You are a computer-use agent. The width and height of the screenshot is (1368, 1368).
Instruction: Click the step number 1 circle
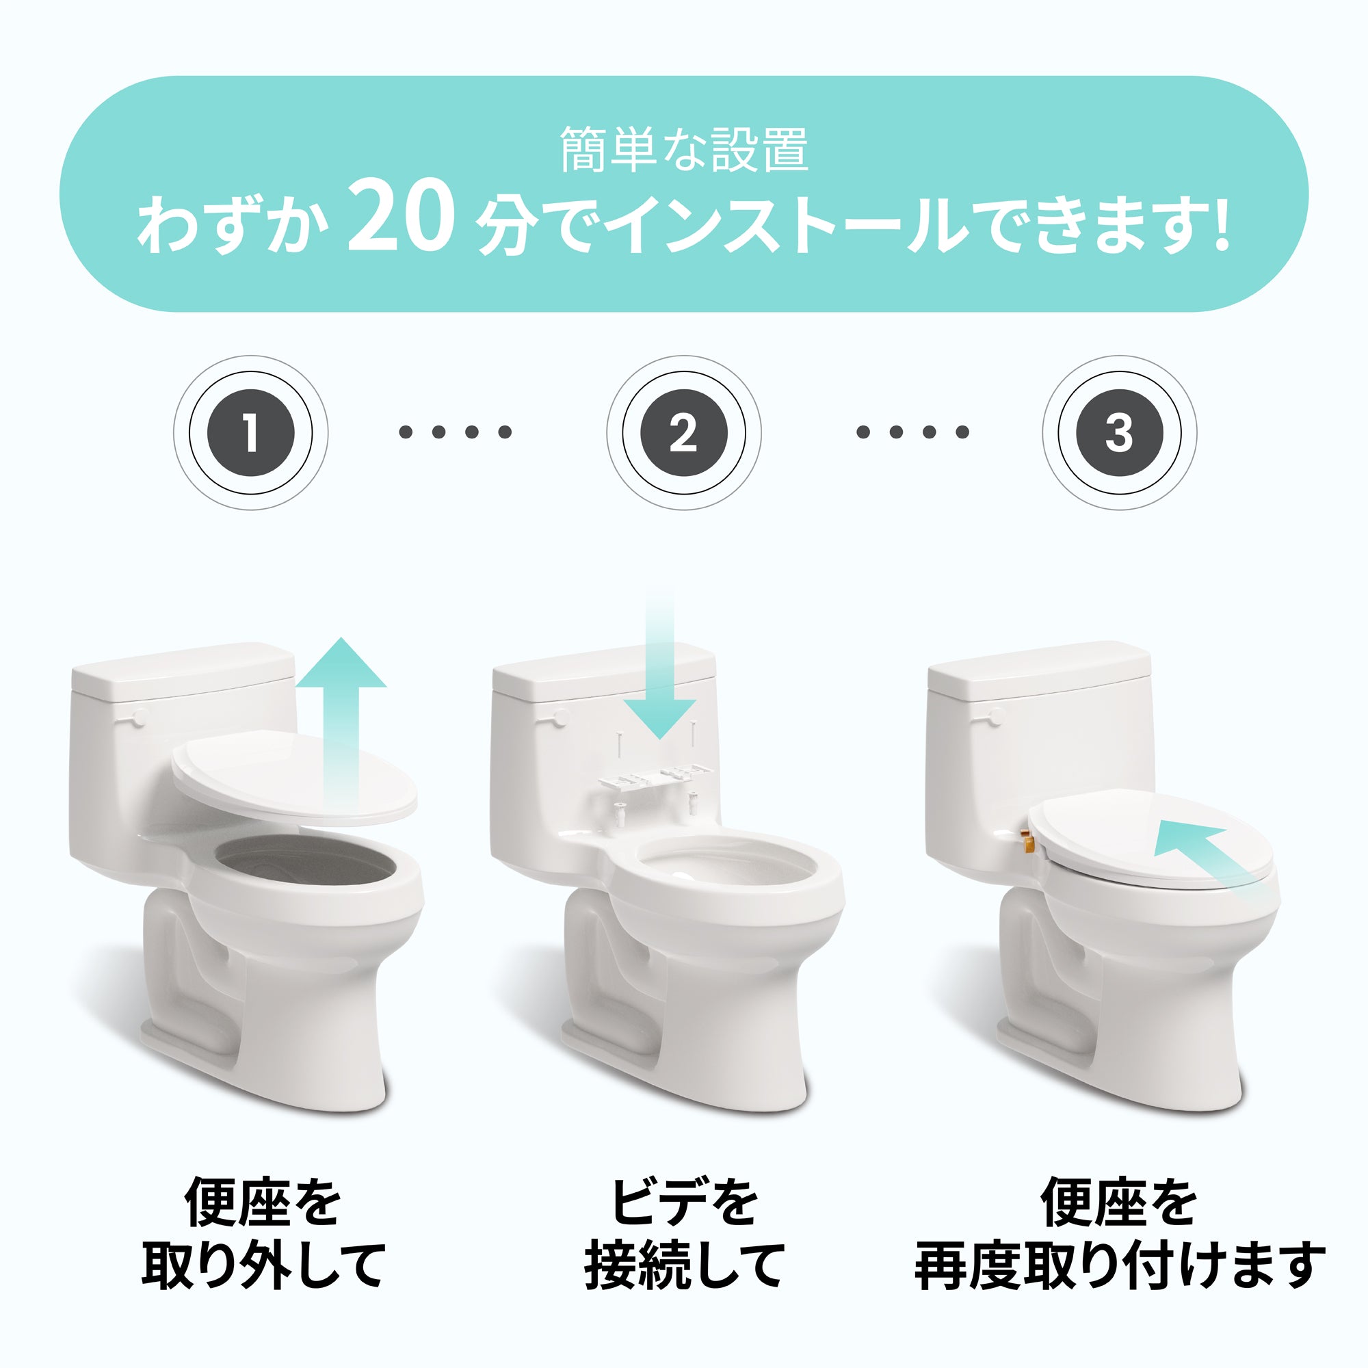(x=250, y=432)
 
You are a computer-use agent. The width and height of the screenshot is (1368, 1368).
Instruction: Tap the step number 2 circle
(x=683, y=432)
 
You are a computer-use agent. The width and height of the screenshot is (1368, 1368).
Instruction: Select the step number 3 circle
(x=1119, y=432)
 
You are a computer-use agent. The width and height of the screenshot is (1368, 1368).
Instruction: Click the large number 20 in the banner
(x=401, y=215)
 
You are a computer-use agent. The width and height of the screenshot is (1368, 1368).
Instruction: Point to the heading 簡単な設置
(x=684, y=148)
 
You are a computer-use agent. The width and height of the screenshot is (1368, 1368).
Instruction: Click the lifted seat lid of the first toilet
(x=295, y=779)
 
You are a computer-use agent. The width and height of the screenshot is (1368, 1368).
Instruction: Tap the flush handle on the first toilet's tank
(x=136, y=718)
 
